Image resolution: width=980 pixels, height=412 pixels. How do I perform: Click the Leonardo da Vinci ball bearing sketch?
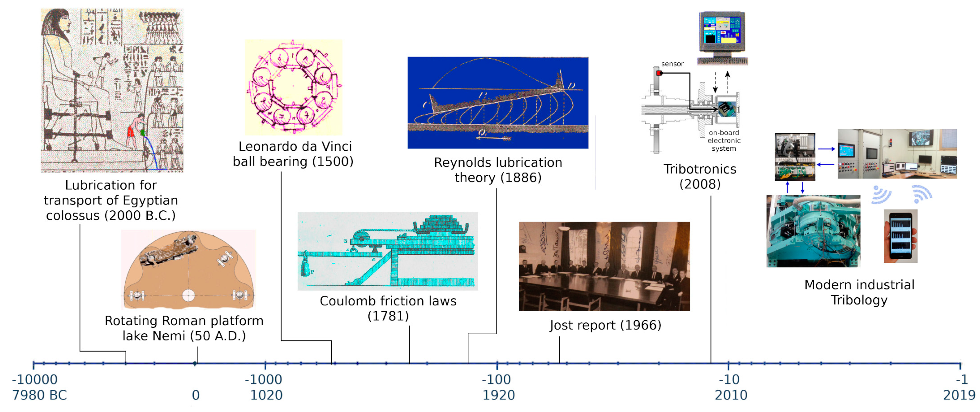(293, 87)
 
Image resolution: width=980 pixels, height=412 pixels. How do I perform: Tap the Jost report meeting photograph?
(604, 266)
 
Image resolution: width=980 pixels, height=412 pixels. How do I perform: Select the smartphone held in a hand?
(901, 236)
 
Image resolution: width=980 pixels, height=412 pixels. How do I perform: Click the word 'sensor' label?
(672, 64)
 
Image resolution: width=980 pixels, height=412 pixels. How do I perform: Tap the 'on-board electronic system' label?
(724, 141)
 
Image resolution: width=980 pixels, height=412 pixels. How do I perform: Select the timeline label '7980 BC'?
(39, 395)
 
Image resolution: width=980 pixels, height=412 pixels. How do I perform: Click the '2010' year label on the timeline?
(731, 395)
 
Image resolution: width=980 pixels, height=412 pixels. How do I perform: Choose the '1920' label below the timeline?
(498, 395)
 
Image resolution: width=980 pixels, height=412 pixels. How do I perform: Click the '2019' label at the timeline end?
(959, 395)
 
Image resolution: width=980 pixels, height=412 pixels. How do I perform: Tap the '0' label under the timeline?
(196, 395)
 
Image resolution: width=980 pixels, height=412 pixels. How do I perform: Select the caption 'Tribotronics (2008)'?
(700, 176)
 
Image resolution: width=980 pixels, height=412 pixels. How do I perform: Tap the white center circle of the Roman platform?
(188, 295)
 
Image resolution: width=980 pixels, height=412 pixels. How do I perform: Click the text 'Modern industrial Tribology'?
(859, 292)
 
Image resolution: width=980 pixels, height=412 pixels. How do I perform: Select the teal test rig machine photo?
(813, 231)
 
